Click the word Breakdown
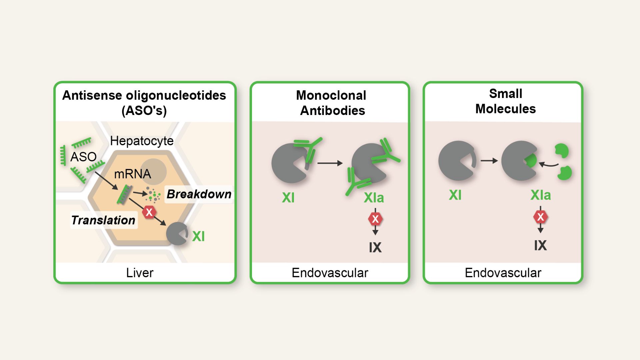pyautogui.click(x=199, y=194)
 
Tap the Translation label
pyautogui.click(x=103, y=220)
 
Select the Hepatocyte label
pyautogui.click(x=142, y=141)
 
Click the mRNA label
pyautogui.click(x=132, y=174)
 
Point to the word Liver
pyautogui.click(x=140, y=273)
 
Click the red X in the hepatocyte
pyautogui.click(x=149, y=212)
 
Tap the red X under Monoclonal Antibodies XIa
pyautogui.click(x=375, y=219)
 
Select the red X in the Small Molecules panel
pyautogui.click(x=540, y=217)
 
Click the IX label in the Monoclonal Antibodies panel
pyautogui.click(x=375, y=247)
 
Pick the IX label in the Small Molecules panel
pyautogui.click(x=540, y=245)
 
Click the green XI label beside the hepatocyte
pyautogui.click(x=198, y=236)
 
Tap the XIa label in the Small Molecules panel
pyautogui.click(x=540, y=195)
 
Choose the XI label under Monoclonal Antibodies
pyautogui.click(x=288, y=198)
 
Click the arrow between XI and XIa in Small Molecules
pyautogui.click(x=489, y=161)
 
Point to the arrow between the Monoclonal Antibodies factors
pyautogui.click(x=330, y=163)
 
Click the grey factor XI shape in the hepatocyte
pyautogui.click(x=177, y=234)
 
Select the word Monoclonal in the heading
pyautogui.click(x=331, y=95)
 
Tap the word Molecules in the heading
pyautogui.click(x=505, y=109)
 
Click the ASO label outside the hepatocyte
pyautogui.click(x=83, y=157)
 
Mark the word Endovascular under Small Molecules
pyautogui.click(x=503, y=273)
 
